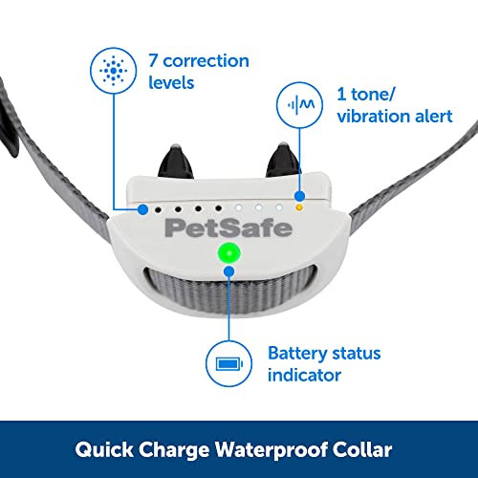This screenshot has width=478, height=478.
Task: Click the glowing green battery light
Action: [228, 253]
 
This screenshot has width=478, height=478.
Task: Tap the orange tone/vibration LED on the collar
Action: [299, 207]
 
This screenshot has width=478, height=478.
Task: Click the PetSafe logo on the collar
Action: [228, 228]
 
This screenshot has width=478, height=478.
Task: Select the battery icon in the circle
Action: [229, 363]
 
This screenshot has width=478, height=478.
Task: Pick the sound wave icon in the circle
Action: [300, 104]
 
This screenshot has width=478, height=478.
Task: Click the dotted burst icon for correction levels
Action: [114, 71]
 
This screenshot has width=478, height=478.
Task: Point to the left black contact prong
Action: [176, 162]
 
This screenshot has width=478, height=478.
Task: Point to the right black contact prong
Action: [283, 160]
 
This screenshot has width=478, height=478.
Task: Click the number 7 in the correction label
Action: [153, 60]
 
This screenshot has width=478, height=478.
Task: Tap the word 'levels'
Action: [171, 82]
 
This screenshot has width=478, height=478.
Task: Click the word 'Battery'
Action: [297, 354]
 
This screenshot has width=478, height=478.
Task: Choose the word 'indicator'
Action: [304, 375]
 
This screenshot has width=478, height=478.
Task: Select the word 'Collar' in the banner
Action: [362, 449]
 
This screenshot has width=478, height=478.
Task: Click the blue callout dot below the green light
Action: [229, 272]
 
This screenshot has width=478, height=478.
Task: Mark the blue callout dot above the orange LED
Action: [299, 196]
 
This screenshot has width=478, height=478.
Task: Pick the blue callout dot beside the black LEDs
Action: [142, 209]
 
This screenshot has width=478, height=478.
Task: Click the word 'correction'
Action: [206, 60]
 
